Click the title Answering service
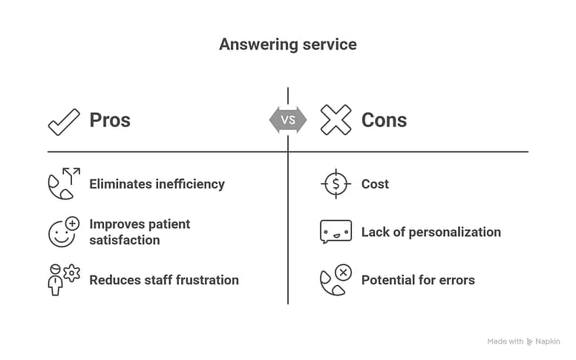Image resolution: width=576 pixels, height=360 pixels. tap(287, 45)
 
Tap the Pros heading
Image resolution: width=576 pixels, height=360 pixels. tap(110, 120)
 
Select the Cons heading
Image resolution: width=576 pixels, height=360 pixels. tap(384, 120)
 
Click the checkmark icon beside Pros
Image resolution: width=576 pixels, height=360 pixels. tap(64, 121)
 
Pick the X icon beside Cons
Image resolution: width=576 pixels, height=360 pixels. tap(336, 120)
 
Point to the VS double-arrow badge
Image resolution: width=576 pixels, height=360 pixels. tap(288, 120)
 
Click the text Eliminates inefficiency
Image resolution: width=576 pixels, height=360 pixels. tap(157, 184)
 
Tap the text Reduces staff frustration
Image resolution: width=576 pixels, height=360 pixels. tap(164, 280)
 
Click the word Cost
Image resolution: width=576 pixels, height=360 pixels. tap(375, 184)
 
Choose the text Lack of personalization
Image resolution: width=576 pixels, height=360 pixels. tap(431, 232)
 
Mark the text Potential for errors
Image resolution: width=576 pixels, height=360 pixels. tap(418, 280)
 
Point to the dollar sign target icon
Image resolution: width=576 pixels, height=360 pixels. tap(336, 184)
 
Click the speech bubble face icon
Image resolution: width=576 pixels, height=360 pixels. tap(336, 232)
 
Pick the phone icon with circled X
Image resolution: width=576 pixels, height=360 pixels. tap(336, 280)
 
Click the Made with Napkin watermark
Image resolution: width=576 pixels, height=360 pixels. tap(523, 341)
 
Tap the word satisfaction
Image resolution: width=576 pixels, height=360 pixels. tap(125, 240)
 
